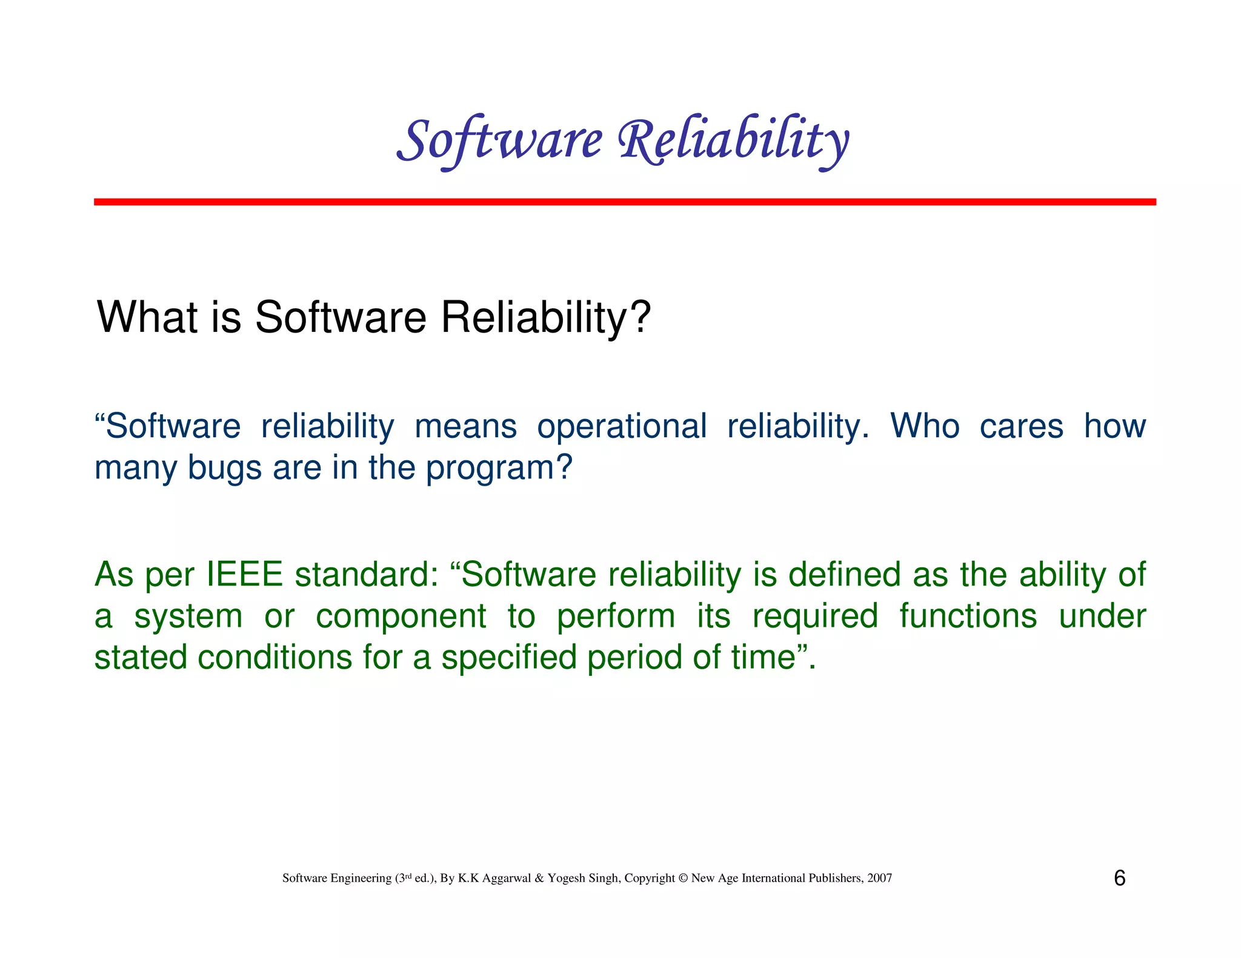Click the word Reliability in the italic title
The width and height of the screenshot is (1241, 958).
coord(733,140)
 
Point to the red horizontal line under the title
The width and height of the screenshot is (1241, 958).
coord(624,202)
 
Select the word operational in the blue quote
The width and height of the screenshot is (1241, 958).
coord(621,426)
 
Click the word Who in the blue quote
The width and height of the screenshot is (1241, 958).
coord(925,426)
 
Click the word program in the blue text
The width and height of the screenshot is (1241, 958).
coord(491,469)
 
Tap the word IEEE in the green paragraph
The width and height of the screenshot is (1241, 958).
coord(245,574)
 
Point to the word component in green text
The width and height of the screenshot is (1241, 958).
coord(401,616)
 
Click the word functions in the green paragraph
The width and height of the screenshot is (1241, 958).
coord(968,616)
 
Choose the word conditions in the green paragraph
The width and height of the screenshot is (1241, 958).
coord(274,658)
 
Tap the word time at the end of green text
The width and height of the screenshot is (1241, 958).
coord(763,658)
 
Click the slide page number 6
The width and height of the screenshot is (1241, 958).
coord(1119,878)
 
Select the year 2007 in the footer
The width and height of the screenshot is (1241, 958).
coord(879,878)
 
